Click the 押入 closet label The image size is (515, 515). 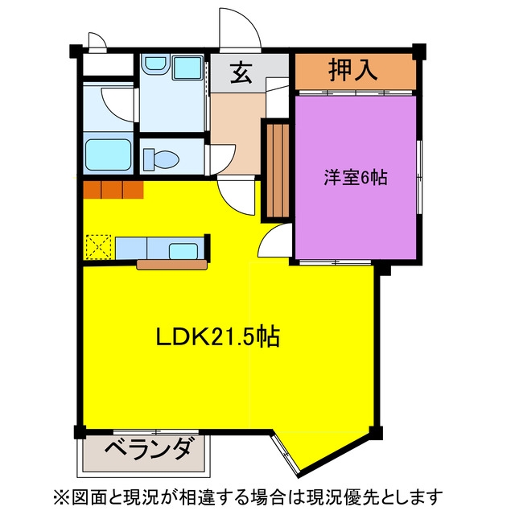(353, 70)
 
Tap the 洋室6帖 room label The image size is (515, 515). (356, 178)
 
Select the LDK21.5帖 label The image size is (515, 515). (218, 336)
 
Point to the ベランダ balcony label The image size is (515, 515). (148, 449)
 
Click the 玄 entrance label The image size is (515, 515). (241, 73)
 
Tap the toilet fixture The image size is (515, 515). (161, 159)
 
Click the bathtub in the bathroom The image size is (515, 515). (109, 154)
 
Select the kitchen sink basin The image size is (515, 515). (183, 251)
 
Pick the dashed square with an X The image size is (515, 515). (98, 247)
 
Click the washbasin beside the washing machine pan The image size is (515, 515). (156, 64)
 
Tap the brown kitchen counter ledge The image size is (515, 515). (171, 265)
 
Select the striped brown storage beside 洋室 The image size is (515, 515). (278, 171)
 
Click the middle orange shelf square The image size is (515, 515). (112, 190)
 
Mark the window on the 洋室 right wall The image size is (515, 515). (419, 177)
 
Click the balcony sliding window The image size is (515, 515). (156, 431)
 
